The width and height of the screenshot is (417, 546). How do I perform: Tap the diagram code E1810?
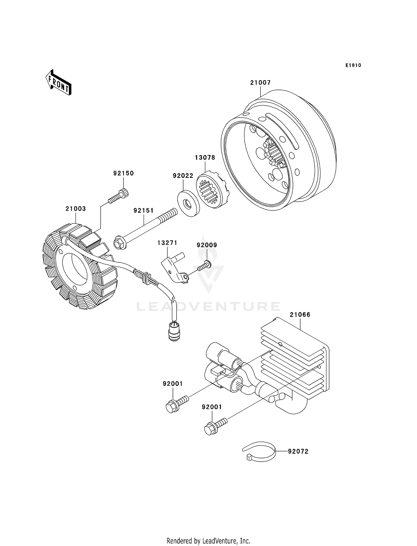353,65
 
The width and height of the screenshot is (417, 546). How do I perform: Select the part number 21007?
260,83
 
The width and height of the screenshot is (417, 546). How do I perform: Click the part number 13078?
205,158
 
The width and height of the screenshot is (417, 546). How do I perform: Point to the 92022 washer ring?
188,203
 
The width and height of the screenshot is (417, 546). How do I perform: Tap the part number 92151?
143,211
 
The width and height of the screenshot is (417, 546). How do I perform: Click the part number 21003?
76,209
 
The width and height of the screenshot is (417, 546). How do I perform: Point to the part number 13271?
167,243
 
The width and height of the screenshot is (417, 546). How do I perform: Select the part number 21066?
300,315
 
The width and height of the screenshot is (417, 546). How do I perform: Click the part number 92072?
298,451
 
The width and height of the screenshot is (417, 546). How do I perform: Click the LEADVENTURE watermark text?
209,306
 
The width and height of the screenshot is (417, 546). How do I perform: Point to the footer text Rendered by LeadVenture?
209,541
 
